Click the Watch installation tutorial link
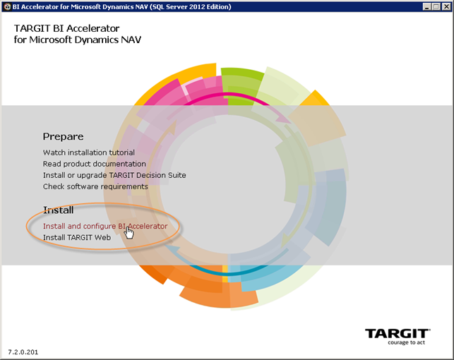(88, 152)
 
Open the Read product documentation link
(95, 164)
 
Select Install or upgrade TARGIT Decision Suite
(114, 175)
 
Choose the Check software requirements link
(95, 186)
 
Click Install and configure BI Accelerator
(105, 226)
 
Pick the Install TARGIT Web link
(77, 238)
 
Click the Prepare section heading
(63, 137)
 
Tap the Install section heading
(58, 210)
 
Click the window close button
(446, 6)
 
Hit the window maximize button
(436, 6)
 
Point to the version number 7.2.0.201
(23, 352)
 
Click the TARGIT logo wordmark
(398, 334)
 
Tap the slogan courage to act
(407, 342)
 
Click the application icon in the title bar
(7, 6)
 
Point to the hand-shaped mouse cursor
(129, 233)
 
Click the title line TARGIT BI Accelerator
(66, 28)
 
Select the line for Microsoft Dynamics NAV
(77, 40)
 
